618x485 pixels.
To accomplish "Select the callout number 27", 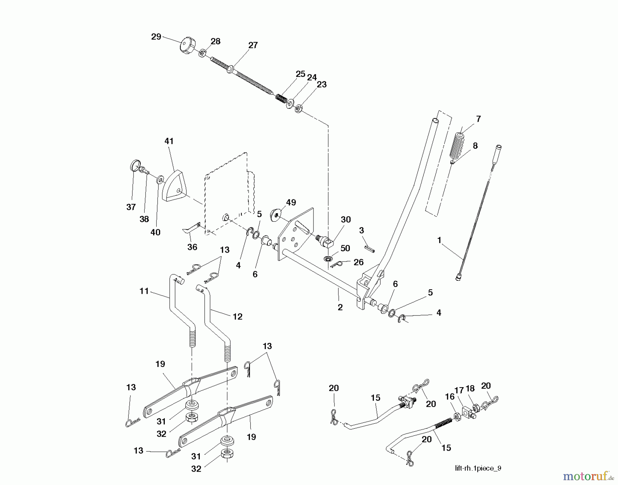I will [253, 45].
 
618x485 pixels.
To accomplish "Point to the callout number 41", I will [169, 141].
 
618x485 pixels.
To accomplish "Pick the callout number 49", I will [291, 203].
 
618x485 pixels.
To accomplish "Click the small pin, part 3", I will [369, 248].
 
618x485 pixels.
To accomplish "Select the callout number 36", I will [192, 247].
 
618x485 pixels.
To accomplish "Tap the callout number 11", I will [144, 291].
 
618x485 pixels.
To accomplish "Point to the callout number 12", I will [237, 316].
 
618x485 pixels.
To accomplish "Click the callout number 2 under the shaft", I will [340, 307].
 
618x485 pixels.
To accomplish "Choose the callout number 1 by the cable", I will [439, 240].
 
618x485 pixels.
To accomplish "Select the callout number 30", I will [345, 220].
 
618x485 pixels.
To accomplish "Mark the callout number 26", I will [358, 262].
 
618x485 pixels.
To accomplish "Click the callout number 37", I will [131, 207].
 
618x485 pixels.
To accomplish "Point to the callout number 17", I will [459, 390].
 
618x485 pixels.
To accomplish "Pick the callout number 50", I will [345, 248].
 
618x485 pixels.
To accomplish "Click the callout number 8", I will [475, 146].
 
